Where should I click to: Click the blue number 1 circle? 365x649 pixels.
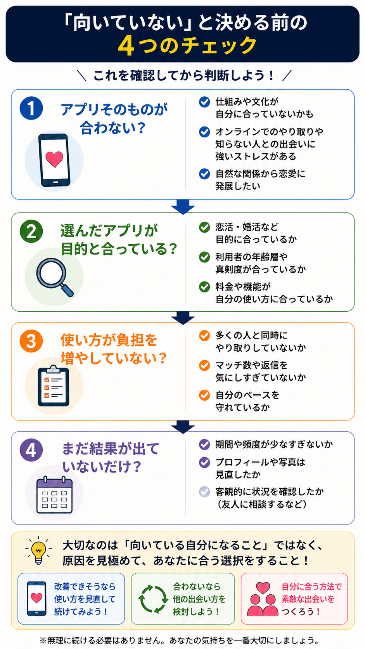click(x=31, y=108)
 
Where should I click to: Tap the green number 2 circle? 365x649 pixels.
click(x=31, y=231)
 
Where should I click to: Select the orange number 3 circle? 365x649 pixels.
click(x=31, y=341)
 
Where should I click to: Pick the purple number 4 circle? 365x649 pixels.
click(x=31, y=450)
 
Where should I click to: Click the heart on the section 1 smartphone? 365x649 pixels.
click(x=54, y=159)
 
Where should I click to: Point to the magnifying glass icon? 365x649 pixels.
click(x=55, y=277)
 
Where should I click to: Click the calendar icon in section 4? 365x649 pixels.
click(x=54, y=495)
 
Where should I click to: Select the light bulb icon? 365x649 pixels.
click(x=38, y=550)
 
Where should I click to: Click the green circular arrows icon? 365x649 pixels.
click(x=153, y=599)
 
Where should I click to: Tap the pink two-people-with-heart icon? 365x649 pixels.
click(x=263, y=599)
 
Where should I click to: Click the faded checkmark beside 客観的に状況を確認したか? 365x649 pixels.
click(x=204, y=492)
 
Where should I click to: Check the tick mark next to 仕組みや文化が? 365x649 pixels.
click(x=204, y=102)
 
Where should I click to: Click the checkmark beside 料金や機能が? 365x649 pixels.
click(x=204, y=286)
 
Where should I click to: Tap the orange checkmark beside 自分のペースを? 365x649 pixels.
click(x=204, y=395)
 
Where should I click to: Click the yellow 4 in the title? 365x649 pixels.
click(x=126, y=46)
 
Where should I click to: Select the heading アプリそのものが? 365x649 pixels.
click(x=114, y=109)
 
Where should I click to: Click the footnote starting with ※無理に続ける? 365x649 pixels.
click(x=180, y=640)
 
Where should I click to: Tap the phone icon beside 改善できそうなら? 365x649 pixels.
click(x=36, y=598)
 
